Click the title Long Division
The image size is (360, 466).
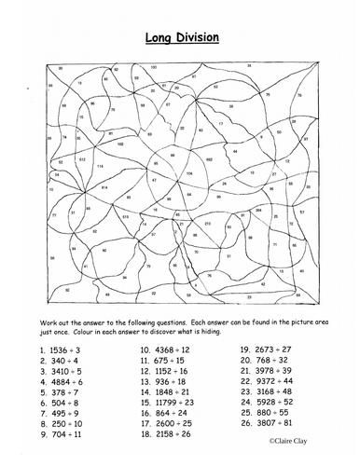(182, 38)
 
